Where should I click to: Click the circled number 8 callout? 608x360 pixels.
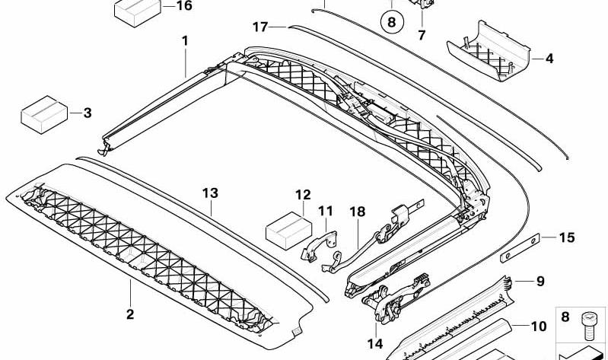pos(392,22)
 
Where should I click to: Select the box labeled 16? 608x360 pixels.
pos(138,12)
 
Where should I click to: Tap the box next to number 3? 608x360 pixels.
pos(44,114)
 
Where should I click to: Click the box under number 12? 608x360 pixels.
pos(289,231)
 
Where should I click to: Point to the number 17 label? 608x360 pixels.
pos(260,27)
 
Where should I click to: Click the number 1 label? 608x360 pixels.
pos(185,41)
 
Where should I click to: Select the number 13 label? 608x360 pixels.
pos(210,193)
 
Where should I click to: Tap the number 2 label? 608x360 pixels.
pos(130,314)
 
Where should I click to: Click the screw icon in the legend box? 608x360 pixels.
pos(588,325)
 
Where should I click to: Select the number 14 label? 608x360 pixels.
pos(375,343)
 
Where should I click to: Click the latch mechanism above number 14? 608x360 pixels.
pos(396,298)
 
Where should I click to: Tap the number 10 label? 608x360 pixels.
pos(539,327)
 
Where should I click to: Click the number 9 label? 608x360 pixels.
pos(540,281)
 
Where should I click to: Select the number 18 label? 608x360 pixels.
pos(358,212)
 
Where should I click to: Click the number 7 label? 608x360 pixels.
pos(422,35)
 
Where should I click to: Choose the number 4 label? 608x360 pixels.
pos(549,59)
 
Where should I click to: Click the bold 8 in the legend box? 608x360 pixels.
pos(565,317)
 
